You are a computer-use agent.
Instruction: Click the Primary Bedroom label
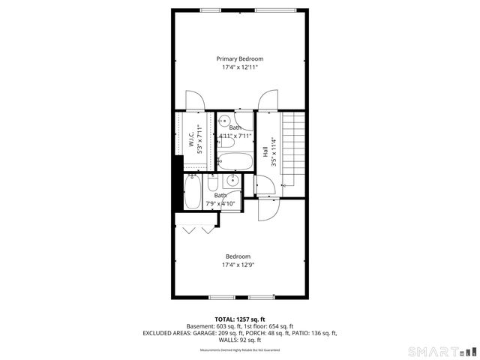[240, 58]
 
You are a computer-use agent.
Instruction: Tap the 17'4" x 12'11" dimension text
[240, 67]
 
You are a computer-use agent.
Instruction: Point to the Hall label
[265, 151]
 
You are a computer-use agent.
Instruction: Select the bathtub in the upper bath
[236, 160]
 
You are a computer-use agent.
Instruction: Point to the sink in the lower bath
[232, 181]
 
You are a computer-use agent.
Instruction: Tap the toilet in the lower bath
[213, 184]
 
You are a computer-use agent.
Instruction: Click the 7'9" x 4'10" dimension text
[220, 203]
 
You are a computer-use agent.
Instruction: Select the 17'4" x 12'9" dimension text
[240, 265]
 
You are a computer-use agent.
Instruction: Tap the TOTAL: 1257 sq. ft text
[240, 319]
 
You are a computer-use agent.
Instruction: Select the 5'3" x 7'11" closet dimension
[199, 139]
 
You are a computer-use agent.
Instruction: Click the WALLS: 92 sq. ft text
[240, 340]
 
